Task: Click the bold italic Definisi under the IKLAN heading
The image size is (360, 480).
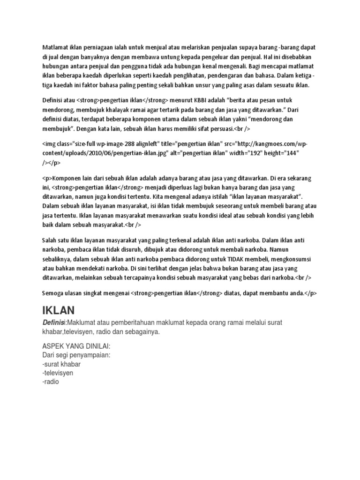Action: tap(53, 323)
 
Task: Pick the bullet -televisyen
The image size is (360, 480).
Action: tap(58, 373)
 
